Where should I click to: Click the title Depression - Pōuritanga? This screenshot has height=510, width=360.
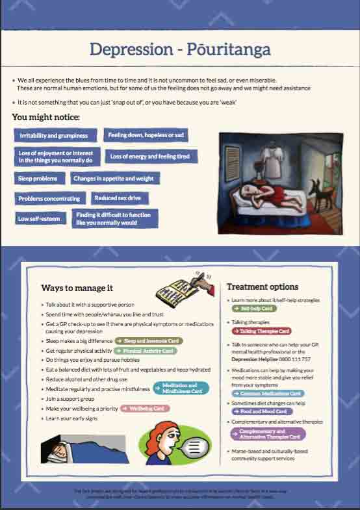coord(180,49)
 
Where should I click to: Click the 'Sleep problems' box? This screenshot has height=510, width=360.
coord(38,178)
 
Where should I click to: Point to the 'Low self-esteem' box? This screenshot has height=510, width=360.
coord(39,219)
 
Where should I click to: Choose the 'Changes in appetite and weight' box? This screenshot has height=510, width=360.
coord(114,178)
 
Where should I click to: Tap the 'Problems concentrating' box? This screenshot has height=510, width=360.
coord(49,198)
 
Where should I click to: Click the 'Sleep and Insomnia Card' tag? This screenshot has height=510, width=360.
coord(149,340)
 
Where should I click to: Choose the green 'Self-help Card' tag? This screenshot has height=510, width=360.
coord(254,309)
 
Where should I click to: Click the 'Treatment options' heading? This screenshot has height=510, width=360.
coord(263,287)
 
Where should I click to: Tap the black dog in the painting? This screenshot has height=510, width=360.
coord(319,193)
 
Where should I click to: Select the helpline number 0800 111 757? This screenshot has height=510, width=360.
coord(296,359)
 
